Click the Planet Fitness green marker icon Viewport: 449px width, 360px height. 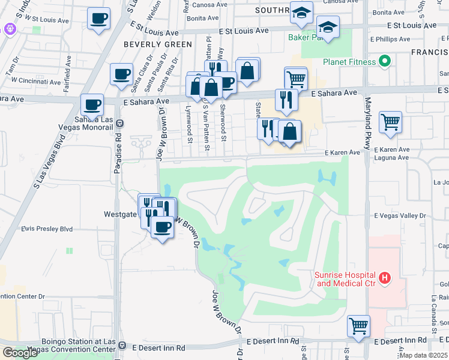385,61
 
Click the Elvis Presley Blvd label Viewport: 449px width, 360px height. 47,229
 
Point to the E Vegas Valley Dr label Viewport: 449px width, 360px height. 399,215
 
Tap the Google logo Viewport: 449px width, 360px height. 20,353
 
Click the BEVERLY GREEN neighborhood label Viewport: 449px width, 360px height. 158,44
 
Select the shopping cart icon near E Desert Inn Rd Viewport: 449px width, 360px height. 358,326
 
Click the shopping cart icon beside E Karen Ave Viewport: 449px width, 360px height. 391,122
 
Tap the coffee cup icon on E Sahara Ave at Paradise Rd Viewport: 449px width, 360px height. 92,104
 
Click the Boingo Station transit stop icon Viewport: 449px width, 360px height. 122,346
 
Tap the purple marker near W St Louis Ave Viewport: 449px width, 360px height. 9,28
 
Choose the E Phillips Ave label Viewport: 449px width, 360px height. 391,40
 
